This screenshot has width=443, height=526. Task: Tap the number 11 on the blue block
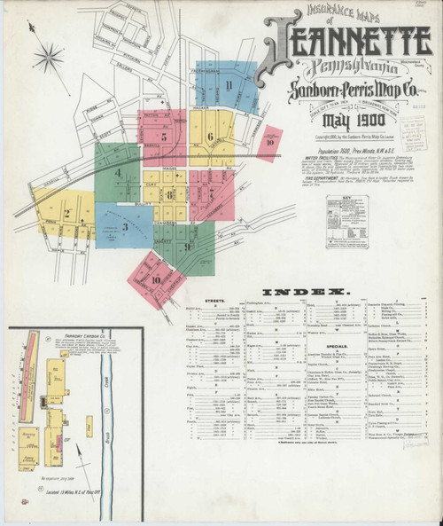click(229, 85)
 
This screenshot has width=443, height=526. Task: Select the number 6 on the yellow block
click(210, 137)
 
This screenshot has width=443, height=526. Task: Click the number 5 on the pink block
click(163, 137)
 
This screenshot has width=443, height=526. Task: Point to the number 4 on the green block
click(117, 171)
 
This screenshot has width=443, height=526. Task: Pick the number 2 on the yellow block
click(66, 213)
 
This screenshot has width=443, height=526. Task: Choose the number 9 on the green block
click(189, 246)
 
